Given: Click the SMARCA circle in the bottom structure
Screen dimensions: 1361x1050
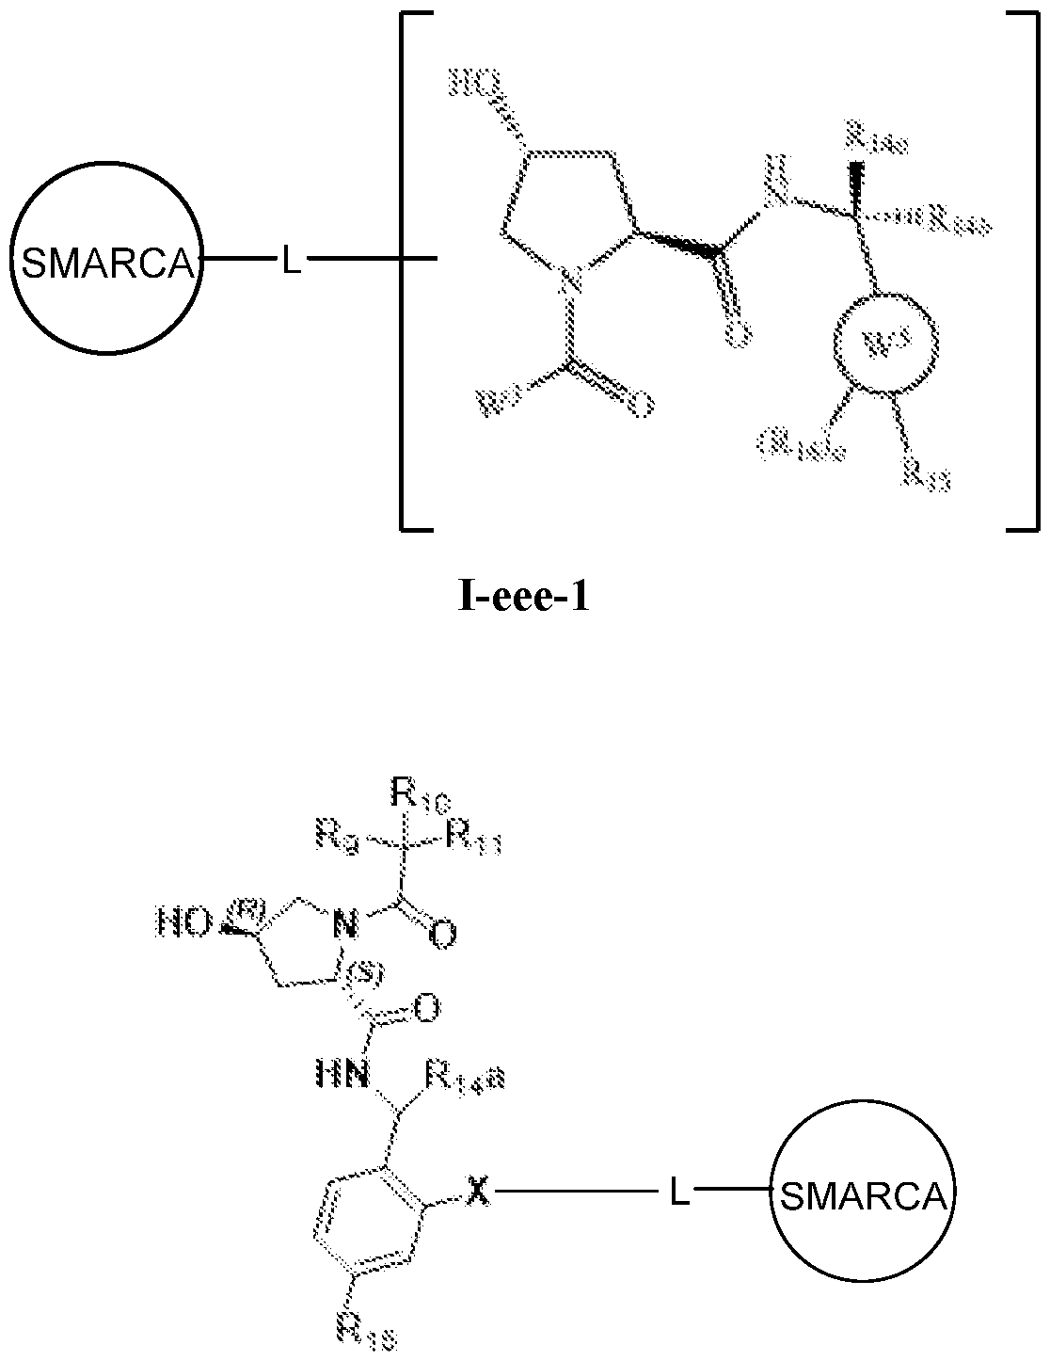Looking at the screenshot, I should [864, 1196].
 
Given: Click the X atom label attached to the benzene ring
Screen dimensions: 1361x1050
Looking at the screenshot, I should [479, 1193].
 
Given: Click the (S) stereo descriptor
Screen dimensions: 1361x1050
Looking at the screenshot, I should [360, 979].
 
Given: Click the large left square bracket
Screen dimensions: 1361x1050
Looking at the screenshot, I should [406, 273].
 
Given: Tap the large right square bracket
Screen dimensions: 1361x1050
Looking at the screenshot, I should [1023, 273].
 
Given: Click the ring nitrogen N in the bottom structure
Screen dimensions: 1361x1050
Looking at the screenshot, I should [345, 927].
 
